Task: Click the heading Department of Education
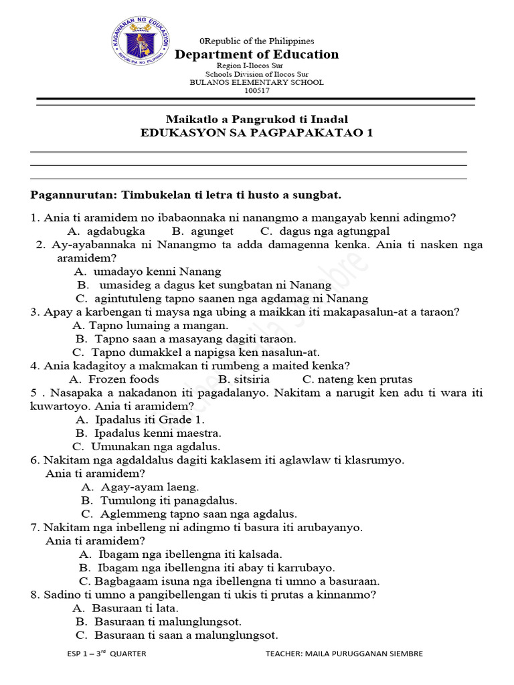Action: tap(256, 55)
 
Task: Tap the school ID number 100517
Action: tap(256, 90)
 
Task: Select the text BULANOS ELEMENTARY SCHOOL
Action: tap(256, 82)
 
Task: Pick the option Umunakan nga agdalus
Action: tap(155, 446)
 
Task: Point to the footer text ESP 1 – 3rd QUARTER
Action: tap(106, 654)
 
